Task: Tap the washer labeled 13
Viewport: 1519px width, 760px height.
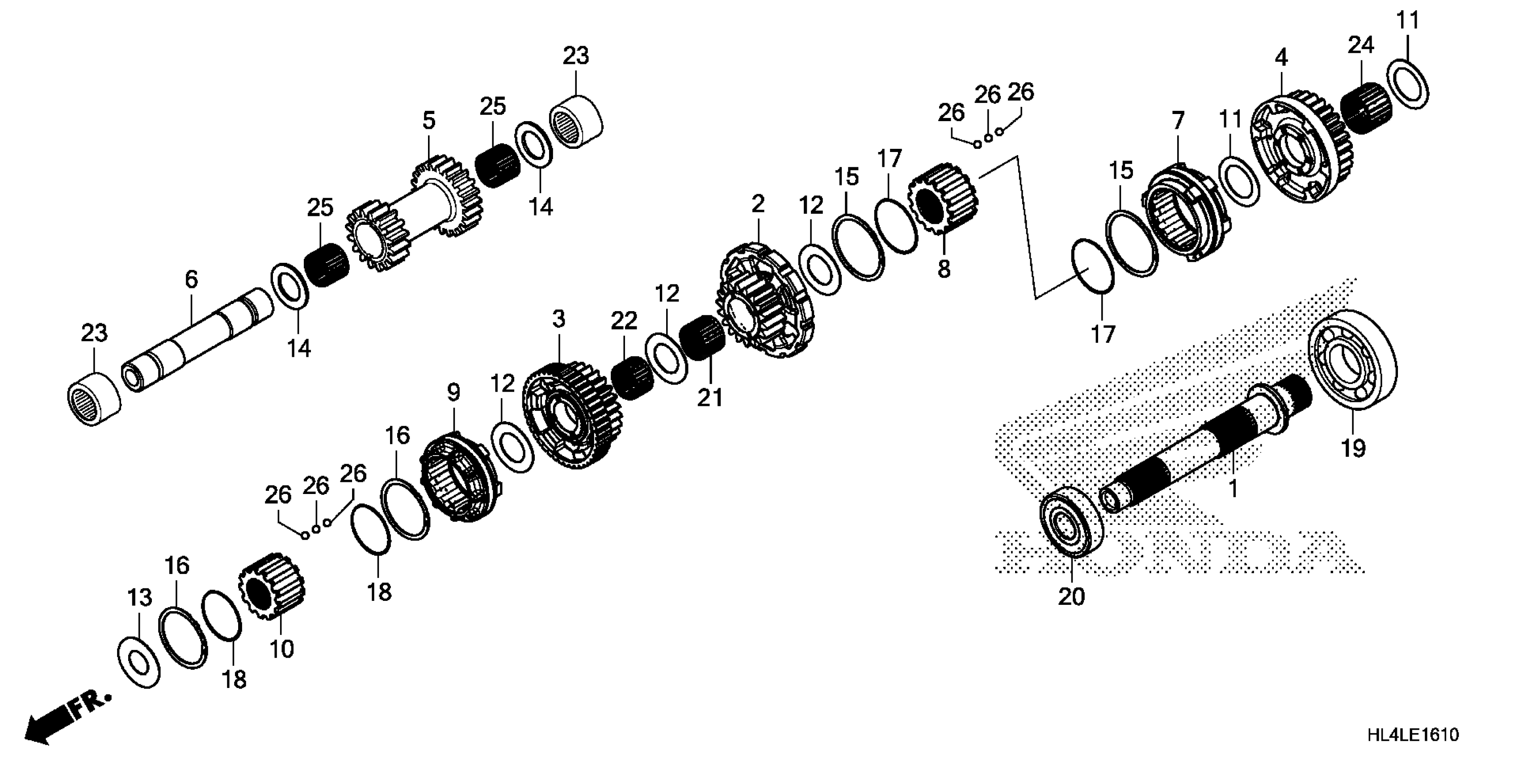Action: (138, 662)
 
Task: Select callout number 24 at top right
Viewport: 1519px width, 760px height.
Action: (1360, 46)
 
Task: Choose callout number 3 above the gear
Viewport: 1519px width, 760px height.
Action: (558, 319)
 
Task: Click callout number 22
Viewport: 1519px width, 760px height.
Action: (624, 321)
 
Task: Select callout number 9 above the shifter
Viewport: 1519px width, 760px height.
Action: (453, 393)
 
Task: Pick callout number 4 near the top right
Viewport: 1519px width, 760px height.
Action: (1281, 57)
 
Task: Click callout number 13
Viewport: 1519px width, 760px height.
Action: (140, 598)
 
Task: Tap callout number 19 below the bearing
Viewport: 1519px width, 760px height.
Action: (1353, 449)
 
